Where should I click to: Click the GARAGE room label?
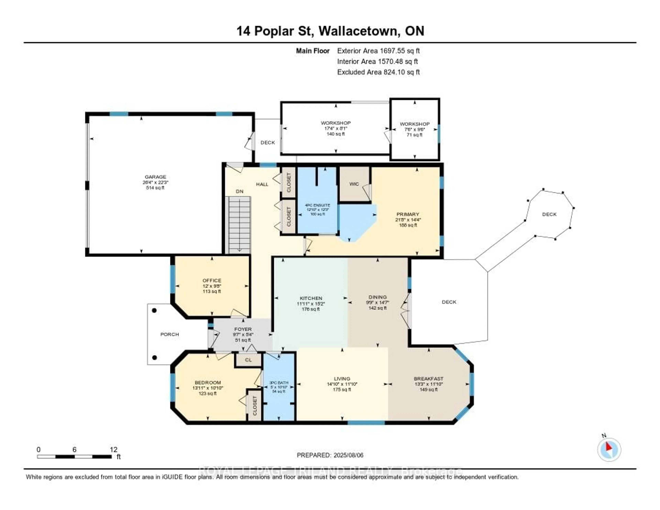(155, 177)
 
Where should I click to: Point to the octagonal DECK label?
(549, 214)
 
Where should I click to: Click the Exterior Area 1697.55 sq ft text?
(378, 51)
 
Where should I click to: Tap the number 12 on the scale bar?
(114, 449)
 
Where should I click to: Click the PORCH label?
(169, 334)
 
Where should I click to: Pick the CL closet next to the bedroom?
(248, 360)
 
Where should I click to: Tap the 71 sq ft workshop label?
(414, 135)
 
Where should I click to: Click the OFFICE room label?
(212, 281)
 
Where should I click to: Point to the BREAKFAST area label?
(428, 379)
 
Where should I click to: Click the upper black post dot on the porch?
(154, 311)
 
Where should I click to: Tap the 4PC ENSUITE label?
(317, 205)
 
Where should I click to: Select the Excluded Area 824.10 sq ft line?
(378, 72)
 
